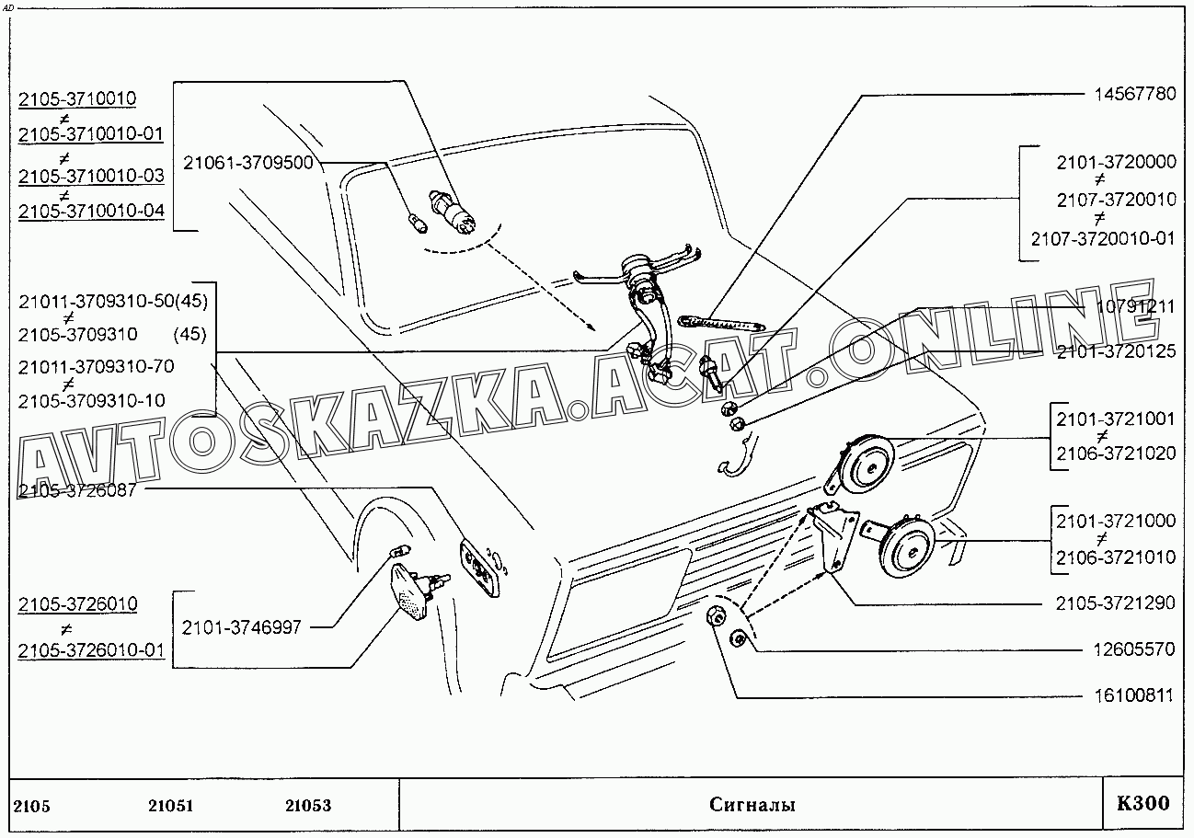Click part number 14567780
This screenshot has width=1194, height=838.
point(1135,95)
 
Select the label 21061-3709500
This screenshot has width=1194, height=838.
point(247,163)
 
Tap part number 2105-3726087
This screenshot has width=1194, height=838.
point(77,490)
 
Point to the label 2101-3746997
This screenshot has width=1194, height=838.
point(241,627)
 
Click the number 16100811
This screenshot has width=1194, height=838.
point(1134,695)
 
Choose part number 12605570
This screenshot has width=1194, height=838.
point(1134,649)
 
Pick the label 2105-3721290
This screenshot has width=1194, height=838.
point(1115,603)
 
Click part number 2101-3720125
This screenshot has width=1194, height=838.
point(1116,351)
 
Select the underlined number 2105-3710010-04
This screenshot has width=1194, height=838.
point(91,211)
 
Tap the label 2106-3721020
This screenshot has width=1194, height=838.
point(1116,453)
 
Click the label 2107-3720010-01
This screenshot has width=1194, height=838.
point(1103,239)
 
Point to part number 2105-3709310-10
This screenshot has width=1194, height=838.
point(92,401)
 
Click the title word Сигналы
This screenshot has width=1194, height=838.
point(752,805)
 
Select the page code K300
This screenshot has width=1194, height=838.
point(1143,803)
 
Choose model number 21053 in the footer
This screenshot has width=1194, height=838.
point(308,806)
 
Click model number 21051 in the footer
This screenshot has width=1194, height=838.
point(170,806)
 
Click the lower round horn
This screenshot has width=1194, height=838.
point(901,546)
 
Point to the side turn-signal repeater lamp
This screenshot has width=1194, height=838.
point(419,589)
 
